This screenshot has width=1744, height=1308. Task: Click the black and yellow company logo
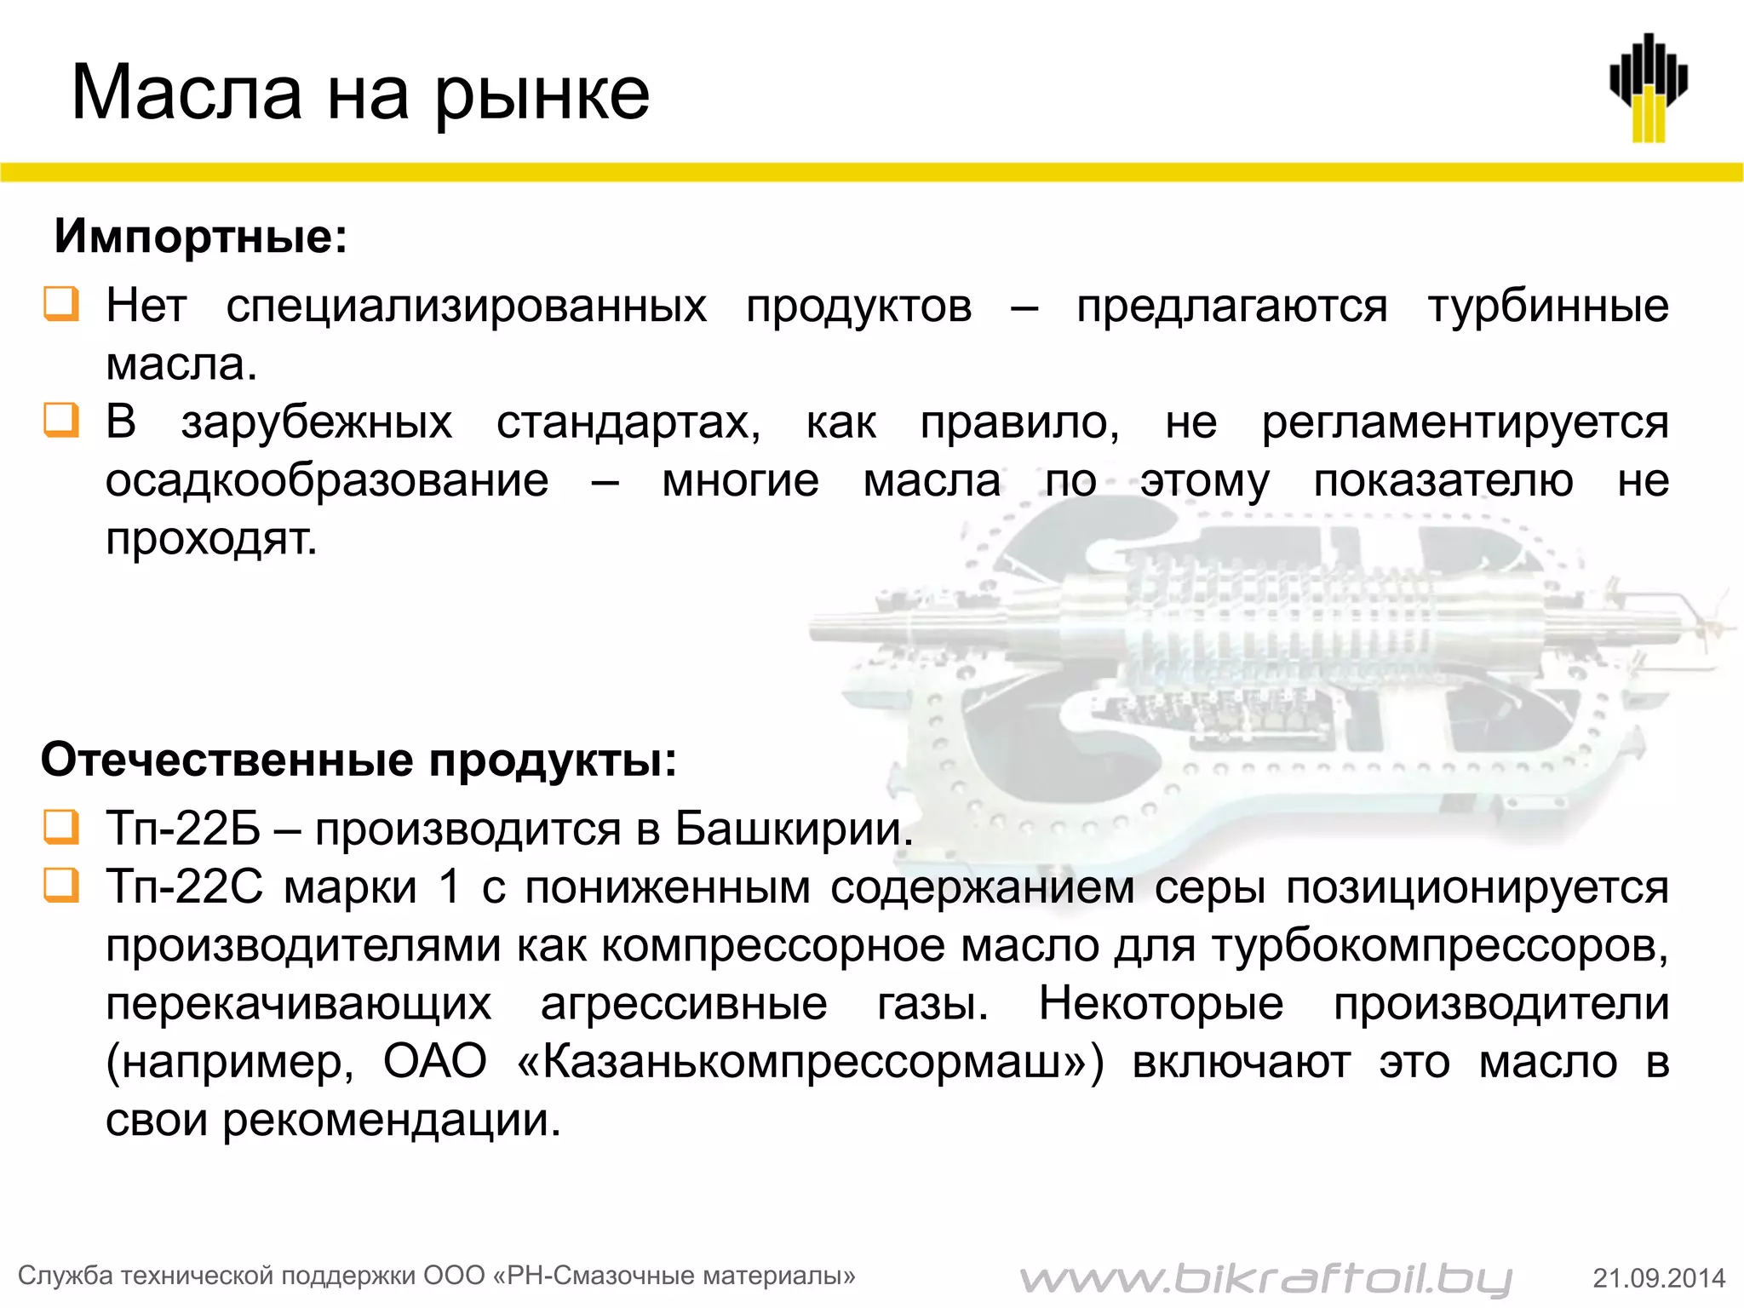point(1649,88)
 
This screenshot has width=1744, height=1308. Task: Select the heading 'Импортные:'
point(201,236)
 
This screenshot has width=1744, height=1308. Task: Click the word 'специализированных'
point(466,306)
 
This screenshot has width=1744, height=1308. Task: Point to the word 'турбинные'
point(1548,306)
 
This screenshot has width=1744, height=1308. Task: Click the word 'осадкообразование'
point(327,480)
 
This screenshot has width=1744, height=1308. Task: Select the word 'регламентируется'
point(1465,422)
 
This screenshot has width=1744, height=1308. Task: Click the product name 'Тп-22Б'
point(183,828)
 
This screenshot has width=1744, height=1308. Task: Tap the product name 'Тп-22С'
point(185,886)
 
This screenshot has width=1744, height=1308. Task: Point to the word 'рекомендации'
point(392,1120)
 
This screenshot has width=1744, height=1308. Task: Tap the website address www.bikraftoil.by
point(1265,1277)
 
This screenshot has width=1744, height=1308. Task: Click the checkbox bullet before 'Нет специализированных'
point(61,304)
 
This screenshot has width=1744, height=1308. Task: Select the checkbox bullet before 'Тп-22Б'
point(61,827)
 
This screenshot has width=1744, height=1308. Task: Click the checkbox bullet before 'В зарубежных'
point(61,421)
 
